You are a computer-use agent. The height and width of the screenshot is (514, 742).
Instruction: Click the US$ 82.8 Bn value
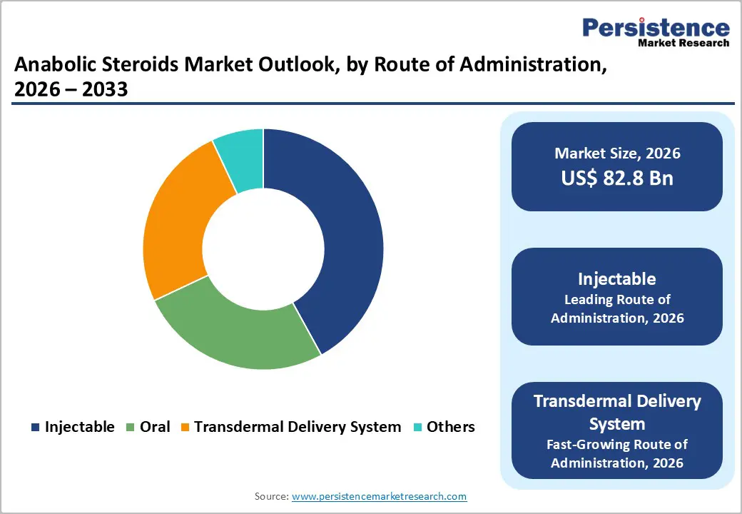pos(617,178)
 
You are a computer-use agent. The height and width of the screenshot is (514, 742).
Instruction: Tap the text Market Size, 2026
pos(617,153)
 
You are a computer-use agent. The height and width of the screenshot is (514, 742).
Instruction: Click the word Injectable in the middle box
pos(617,278)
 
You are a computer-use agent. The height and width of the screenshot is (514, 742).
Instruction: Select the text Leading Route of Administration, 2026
pos(617,308)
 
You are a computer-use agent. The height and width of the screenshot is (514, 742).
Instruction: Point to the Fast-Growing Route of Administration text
pos(617,453)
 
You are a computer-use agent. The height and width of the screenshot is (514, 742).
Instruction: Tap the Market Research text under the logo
pos(683,44)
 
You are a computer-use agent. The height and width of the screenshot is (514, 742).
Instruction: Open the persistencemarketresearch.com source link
pos(379,495)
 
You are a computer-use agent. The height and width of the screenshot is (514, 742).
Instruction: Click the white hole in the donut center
pos(263,249)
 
